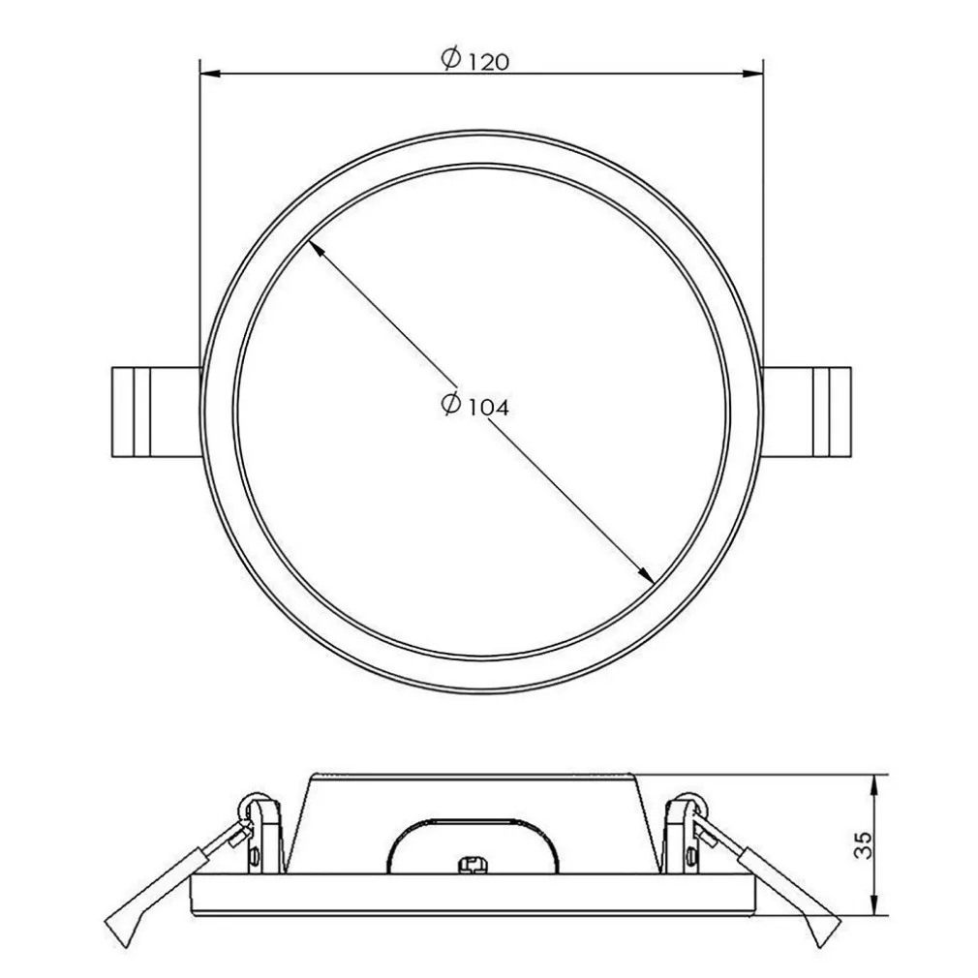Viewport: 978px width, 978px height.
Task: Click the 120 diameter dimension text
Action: [488, 62]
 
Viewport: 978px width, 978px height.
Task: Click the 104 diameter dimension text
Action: [488, 408]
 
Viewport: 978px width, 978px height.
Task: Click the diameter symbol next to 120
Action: [449, 60]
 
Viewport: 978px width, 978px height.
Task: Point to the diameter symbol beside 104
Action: [449, 405]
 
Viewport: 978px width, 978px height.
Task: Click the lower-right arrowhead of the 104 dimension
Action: [646, 575]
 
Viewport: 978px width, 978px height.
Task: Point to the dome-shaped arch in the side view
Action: [474, 833]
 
